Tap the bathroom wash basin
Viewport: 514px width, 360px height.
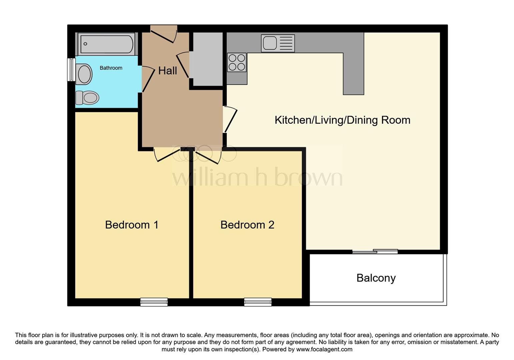(x=84, y=74)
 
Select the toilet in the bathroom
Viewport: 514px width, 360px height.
(x=88, y=98)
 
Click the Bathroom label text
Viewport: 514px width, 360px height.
(x=111, y=68)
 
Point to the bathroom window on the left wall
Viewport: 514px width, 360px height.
(x=71, y=70)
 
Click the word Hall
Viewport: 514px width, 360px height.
(x=167, y=71)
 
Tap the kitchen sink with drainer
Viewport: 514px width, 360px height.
(x=278, y=43)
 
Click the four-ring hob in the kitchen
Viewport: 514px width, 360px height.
(x=237, y=62)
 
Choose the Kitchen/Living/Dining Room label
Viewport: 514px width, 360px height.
(x=342, y=120)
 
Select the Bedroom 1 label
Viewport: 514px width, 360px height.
(x=132, y=225)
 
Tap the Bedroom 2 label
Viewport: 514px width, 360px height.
(x=247, y=225)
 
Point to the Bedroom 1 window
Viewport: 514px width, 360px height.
(x=154, y=302)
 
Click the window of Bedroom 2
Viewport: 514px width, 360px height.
(x=258, y=302)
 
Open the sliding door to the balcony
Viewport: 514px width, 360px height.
(x=375, y=252)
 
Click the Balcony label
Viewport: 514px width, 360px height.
(x=376, y=278)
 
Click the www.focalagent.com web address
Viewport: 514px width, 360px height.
(x=324, y=349)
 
